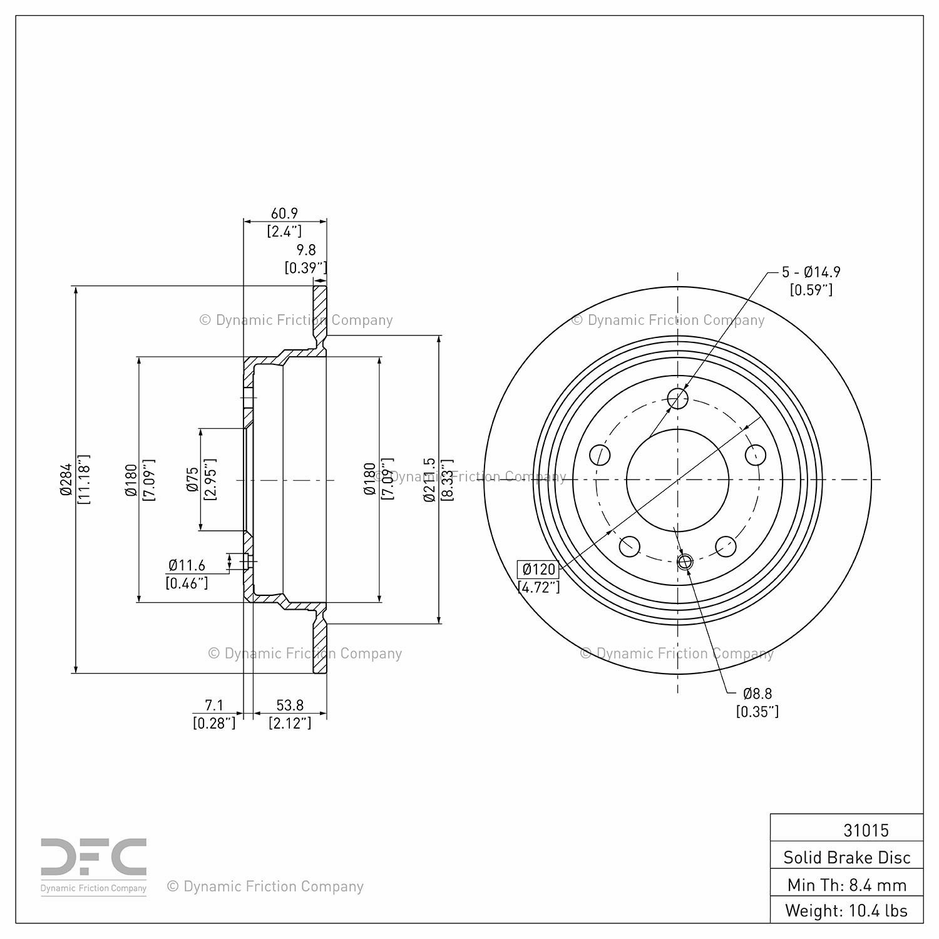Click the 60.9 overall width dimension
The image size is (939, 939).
pos(284,213)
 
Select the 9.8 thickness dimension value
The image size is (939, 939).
pos(306,250)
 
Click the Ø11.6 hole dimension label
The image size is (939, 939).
pos(187,565)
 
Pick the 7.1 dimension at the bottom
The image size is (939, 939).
pos(214,706)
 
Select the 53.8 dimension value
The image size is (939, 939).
pos(290,706)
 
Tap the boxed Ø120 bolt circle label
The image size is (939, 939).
pos(538,570)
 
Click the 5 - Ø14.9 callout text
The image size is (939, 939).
pos(811,272)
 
